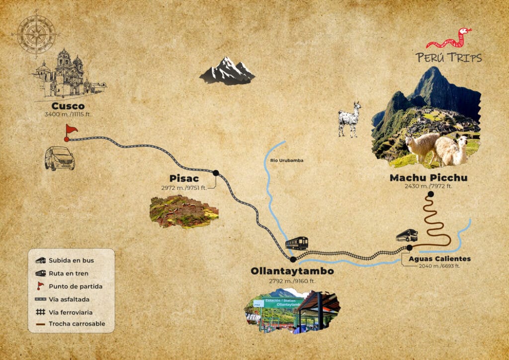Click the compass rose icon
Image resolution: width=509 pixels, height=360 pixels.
pyautogui.click(x=36, y=34)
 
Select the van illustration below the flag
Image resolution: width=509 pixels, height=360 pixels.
pyautogui.click(x=60, y=158)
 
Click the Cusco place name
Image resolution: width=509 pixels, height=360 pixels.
pyautogui.click(x=68, y=106)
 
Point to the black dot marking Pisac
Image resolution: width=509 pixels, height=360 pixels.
pyautogui.click(x=216, y=173)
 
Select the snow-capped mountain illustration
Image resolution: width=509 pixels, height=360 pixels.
pyautogui.click(x=227, y=71)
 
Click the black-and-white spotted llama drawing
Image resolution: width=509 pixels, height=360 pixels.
pyautogui.click(x=349, y=119)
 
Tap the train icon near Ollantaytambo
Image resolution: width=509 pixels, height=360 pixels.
pyautogui.click(x=296, y=243)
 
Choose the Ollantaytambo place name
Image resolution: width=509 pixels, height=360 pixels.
pyautogui.click(x=292, y=271)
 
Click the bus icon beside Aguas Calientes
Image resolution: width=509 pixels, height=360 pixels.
pyautogui.click(x=407, y=235)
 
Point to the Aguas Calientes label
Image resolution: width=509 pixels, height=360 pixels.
pyautogui.click(x=439, y=259)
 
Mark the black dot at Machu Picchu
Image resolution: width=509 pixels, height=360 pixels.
pyautogui.click(x=430, y=194)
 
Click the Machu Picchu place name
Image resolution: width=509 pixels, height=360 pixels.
pyautogui.click(x=428, y=178)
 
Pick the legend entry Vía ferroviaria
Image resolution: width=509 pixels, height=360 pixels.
pyautogui.click(x=71, y=312)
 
